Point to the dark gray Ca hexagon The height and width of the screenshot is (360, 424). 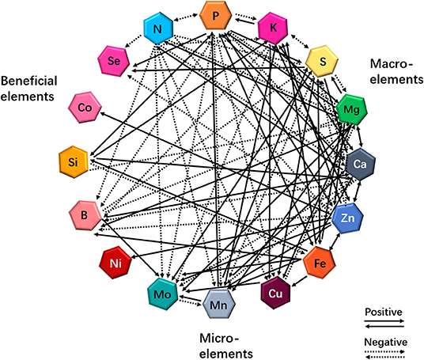coord(360,164)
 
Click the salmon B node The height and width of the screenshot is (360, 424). coord(83,214)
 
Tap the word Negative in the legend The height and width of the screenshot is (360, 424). coord(385,342)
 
